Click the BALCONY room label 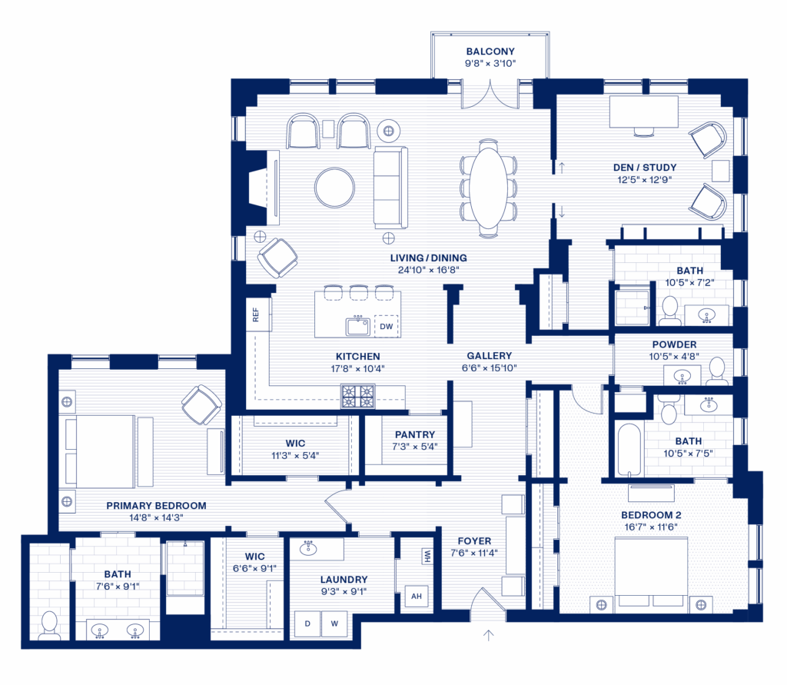tap(490, 52)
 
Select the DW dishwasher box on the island tap(386, 327)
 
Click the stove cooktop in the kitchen tap(358, 396)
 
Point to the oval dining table tap(488, 188)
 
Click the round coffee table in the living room tap(335, 188)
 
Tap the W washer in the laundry tap(335, 623)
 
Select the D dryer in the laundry tap(307, 623)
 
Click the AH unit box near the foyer tap(417, 597)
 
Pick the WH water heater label tap(427, 556)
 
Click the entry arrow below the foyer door tap(488, 635)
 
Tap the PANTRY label tap(414, 434)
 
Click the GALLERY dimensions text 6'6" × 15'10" tap(489, 368)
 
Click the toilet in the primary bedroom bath tap(49, 626)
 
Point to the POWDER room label tap(674, 344)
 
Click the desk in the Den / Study tap(643, 111)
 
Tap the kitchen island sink tap(358, 327)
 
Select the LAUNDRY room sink tap(308, 548)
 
